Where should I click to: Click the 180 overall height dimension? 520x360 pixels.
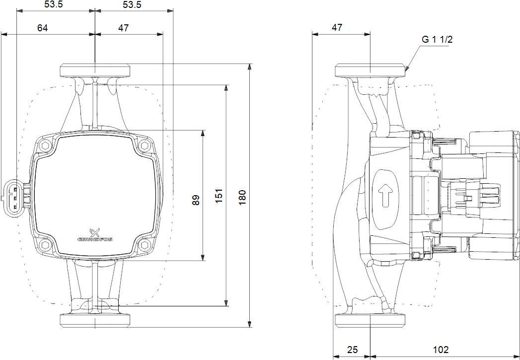click(x=242, y=197)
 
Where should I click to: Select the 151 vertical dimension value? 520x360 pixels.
click(x=219, y=197)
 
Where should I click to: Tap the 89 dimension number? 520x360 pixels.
click(x=196, y=200)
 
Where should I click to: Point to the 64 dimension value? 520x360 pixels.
click(x=42, y=28)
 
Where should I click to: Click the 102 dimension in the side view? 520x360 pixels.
click(x=439, y=350)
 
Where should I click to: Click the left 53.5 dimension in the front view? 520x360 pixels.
click(x=56, y=5)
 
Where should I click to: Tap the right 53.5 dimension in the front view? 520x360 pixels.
click(x=132, y=5)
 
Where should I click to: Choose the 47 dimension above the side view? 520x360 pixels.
click(x=337, y=28)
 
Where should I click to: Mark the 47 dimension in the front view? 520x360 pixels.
click(x=124, y=28)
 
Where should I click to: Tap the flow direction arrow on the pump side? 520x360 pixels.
click(x=385, y=195)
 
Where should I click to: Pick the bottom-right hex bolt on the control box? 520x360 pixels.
click(x=145, y=245)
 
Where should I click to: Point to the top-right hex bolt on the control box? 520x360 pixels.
click(x=145, y=146)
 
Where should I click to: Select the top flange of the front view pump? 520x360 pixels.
click(x=95, y=71)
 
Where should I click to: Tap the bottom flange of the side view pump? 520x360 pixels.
click(x=371, y=321)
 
